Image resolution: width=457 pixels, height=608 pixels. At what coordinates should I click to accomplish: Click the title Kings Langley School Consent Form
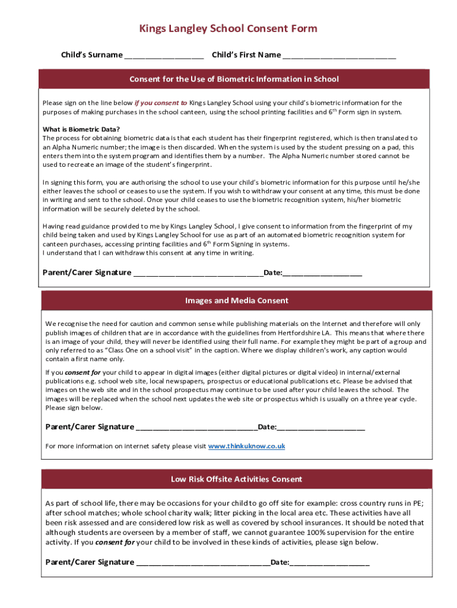pos(228,28)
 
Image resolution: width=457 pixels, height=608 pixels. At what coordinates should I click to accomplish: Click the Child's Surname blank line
pos(164,57)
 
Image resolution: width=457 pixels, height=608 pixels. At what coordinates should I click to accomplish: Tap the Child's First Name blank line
pos(339,57)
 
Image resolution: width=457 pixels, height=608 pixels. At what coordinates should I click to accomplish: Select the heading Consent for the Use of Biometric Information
pos(234,79)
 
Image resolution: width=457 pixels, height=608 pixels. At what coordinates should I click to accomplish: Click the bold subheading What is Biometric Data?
pos(81,129)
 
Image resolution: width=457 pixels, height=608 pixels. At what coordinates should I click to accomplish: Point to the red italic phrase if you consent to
pos(161,103)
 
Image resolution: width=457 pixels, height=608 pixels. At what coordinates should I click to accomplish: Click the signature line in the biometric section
pos(198,274)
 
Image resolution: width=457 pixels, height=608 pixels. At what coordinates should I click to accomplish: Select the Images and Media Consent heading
pos(236,300)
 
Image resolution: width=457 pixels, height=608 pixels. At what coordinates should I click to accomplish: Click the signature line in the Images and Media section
pos(196,429)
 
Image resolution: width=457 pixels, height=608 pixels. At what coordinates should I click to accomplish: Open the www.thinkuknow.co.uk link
pos(246,446)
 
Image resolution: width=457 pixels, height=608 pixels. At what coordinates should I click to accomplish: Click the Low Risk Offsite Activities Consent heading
pos(236,479)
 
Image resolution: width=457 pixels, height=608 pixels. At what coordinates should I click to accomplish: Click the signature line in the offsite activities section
pos(203,564)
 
